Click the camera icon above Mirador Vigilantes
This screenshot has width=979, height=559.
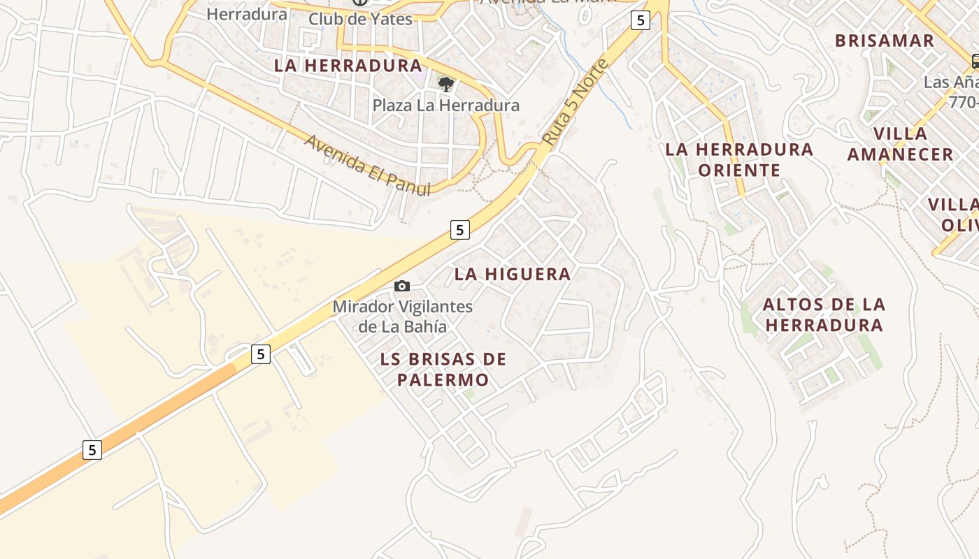pyautogui.click(x=402, y=286)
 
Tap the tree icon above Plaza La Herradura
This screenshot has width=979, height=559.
pyautogui.click(x=445, y=85)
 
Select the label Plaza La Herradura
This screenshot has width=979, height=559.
pyautogui.click(x=445, y=106)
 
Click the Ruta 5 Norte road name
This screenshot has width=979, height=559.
pyautogui.click(x=576, y=103)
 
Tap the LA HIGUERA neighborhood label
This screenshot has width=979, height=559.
pyautogui.click(x=513, y=274)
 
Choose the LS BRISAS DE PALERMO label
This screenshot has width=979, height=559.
pyautogui.click(x=443, y=370)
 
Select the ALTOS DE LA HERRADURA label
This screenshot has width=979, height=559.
pyautogui.click(x=824, y=314)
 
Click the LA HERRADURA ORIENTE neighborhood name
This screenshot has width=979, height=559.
pyautogui.click(x=739, y=159)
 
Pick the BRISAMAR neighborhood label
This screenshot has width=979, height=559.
pyautogui.click(x=885, y=41)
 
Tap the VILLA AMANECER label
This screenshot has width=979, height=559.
pyautogui.click(x=900, y=144)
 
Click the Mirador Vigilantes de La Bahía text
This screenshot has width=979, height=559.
pyautogui.click(x=402, y=317)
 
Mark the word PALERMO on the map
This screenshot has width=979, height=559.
pyautogui.click(x=443, y=380)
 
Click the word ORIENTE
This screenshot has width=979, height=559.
pyautogui.click(x=739, y=170)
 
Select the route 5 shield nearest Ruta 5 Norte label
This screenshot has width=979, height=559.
pyautogui.click(x=640, y=20)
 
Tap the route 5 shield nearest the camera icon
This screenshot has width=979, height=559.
pyautogui.click(x=459, y=229)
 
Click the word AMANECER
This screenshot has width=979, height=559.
pyautogui.click(x=900, y=154)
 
